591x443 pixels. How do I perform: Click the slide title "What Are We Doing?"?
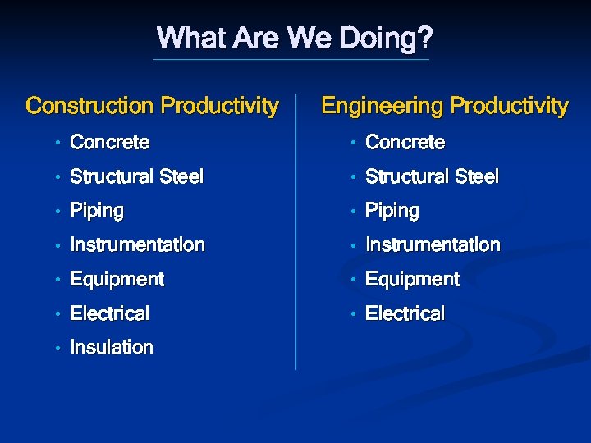point(295,38)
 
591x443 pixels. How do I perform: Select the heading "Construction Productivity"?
point(152,106)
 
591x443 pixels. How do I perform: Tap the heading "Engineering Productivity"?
point(444,106)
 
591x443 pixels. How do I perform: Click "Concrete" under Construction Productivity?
point(109,143)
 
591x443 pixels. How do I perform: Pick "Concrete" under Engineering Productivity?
point(405,143)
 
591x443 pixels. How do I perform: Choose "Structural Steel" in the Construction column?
point(136,176)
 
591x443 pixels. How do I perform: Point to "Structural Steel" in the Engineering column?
point(432,176)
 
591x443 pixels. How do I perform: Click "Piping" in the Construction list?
point(97,211)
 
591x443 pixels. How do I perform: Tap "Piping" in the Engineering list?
point(392,211)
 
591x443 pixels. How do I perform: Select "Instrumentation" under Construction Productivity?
point(137,244)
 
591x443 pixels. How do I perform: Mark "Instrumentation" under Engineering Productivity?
point(433,244)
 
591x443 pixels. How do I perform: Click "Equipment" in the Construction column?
point(117,280)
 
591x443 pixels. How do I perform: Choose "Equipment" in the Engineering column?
point(412,280)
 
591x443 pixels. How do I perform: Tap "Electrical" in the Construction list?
point(109,313)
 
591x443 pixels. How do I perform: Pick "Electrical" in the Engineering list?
point(405,313)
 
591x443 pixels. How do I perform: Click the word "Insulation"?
point(112,347)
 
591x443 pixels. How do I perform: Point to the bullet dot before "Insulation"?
point(57,349)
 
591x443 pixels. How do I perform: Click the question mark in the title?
point(425,38)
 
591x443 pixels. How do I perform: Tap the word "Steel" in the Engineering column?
point(476,176)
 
